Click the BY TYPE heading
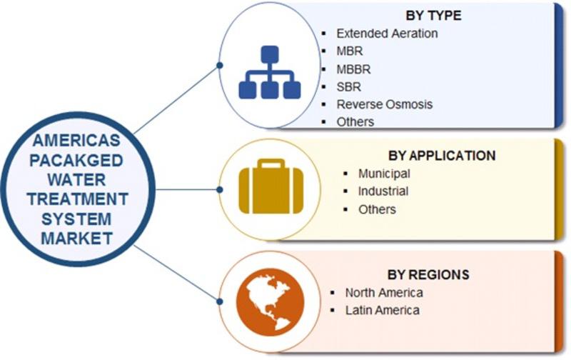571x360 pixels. (433, 15)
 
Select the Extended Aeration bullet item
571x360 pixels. (387, 34)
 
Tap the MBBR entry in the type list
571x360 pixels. (353, 69)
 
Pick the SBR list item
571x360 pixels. (349, 87)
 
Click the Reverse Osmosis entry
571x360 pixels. (385, 104)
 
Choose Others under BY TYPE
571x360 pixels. (355, 121)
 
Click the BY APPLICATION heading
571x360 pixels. (442, 156)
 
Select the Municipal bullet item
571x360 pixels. (384, 174)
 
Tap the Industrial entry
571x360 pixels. (383, 191)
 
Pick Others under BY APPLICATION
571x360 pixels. (377, 209)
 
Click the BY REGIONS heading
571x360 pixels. (428, 274)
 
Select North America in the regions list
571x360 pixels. (384, 293)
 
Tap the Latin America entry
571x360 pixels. (383, 311)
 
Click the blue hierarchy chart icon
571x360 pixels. (270, 72)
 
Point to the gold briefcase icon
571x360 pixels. (271, 186)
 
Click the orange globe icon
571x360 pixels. (271, 302)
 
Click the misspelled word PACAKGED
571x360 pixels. (76, 161)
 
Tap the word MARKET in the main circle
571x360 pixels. (76, 239)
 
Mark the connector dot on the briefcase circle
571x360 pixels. (220, 189)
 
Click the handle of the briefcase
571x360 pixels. (271, 164)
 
